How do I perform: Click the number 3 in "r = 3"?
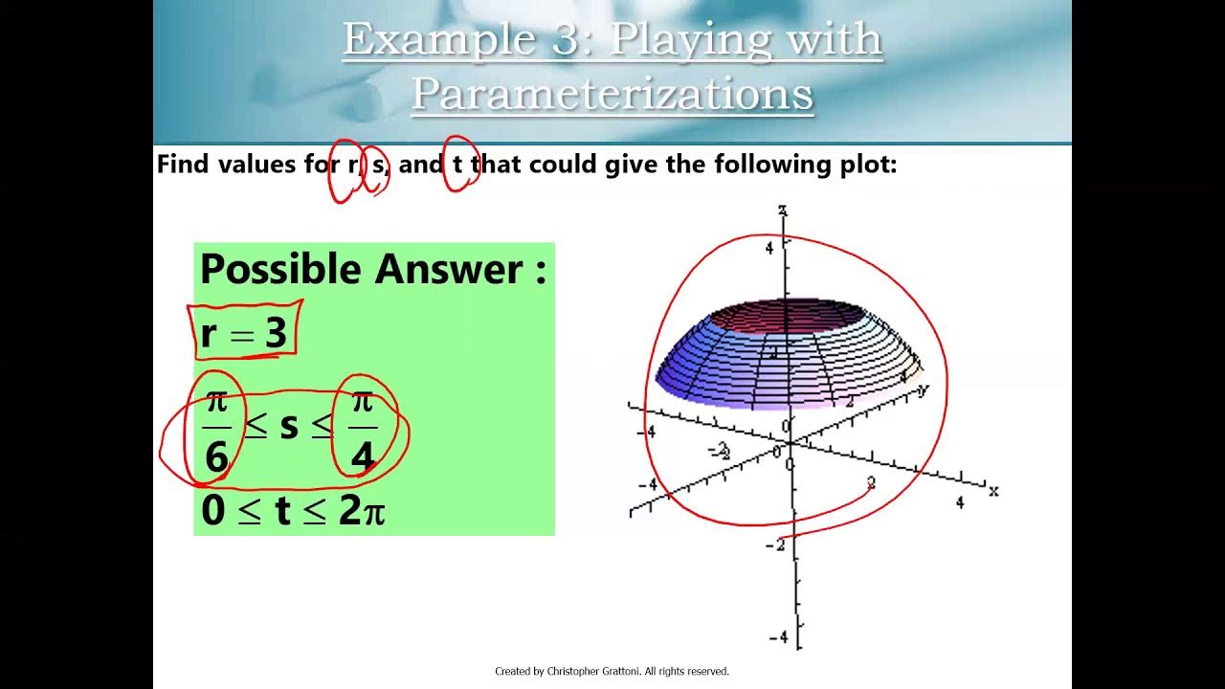coord(276,333)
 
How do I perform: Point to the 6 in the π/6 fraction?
coord(217,457)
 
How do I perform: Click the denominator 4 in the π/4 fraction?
coord(363,457)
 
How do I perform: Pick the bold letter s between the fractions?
coord(289,426)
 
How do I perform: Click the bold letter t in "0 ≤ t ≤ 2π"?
coord(282,512)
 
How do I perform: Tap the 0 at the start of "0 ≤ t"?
coord(212,512)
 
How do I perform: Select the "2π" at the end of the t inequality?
coord(362,513)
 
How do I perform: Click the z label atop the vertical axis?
coord(783,210)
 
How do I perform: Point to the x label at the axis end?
coord(994,491)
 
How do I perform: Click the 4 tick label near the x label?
coord(960,503)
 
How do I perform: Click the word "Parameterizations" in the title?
coord(612,94)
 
